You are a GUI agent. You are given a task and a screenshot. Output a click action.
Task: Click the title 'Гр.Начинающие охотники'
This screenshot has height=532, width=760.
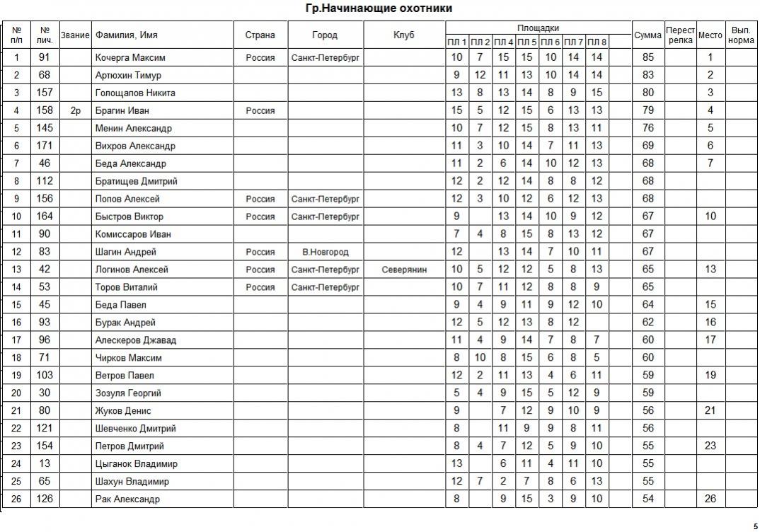pos(379,8)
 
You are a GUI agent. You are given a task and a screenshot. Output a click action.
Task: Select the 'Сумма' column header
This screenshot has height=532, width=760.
pos(647,35)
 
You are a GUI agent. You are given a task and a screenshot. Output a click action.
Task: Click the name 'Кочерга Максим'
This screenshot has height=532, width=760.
pos(130,57)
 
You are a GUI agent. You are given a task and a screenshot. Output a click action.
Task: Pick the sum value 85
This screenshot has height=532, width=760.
pos(647,57)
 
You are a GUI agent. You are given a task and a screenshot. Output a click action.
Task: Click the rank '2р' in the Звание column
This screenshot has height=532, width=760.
pos(76,110)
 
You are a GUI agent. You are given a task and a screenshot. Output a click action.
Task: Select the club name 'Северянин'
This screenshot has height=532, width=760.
pos(404,270)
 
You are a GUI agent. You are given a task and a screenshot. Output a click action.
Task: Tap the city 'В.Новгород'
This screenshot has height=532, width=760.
pos(325,252)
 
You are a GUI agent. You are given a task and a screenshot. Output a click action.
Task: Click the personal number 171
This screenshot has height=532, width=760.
pos(45,146)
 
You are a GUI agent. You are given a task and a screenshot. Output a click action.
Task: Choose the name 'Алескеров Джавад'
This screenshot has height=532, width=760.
pos(136,340)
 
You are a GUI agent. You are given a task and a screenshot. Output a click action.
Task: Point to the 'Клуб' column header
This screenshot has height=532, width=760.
pos(404,35)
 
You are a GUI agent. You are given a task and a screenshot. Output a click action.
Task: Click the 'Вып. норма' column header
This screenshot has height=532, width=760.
pos(741,35)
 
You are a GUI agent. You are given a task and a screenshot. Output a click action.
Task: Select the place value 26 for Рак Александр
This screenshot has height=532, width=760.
pos(710,499)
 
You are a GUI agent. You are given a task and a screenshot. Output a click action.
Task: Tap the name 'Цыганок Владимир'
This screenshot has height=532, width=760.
pos(136,464)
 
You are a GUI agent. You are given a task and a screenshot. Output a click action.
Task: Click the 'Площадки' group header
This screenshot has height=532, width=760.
pos(538,28)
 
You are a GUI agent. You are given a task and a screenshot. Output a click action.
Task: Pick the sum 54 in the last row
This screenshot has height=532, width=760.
pos(647,499)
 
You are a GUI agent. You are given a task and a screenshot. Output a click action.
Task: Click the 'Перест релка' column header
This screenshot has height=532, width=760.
pos(680,35)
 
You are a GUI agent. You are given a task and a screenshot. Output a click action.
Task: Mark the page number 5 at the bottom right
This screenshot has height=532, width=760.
pos(755,526)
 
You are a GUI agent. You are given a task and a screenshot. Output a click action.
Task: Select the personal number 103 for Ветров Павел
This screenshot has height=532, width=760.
pos(45,376)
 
